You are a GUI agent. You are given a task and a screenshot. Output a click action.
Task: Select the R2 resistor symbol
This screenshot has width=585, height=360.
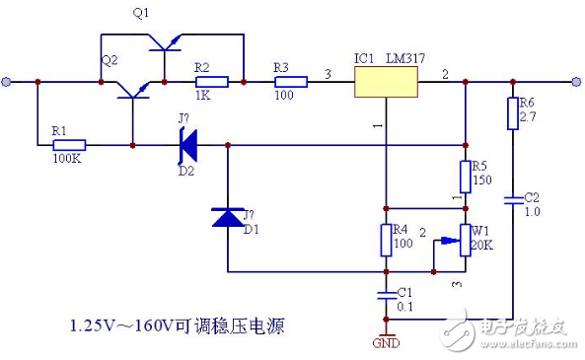coord(212,82)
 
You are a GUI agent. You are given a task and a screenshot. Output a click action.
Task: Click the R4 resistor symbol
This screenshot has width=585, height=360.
coord(387,240)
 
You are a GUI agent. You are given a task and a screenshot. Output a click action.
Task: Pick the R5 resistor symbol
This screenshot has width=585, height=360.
coord(466,178)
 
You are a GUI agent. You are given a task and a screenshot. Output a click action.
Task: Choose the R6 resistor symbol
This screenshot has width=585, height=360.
coord(513,113)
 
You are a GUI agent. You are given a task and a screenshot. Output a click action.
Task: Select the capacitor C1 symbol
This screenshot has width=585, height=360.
coord(387,294)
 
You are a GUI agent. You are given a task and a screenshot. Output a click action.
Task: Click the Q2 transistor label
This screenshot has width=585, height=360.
coord(110,60)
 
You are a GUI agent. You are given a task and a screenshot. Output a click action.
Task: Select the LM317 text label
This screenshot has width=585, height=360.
coord(406,58)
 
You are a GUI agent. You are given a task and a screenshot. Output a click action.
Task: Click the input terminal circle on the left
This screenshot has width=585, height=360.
coord(8,82)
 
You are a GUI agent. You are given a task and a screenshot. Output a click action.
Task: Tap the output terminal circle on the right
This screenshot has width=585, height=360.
coord(575,82)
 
